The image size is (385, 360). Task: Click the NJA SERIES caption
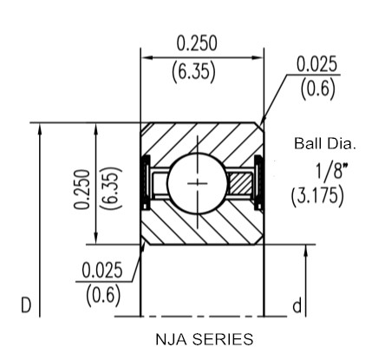point(205,339)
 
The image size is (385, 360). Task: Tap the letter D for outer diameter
point(26,305)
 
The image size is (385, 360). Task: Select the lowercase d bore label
point(297,305)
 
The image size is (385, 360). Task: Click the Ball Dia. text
point(324,143)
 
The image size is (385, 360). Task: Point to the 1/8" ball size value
point(330,171)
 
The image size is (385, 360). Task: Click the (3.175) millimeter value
point(317,196)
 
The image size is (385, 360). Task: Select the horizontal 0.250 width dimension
point(197,43)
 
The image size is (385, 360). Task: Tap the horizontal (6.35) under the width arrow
point(193,71)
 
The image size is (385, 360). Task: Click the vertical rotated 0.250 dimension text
point(82,189)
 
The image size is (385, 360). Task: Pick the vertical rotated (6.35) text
point(111,188)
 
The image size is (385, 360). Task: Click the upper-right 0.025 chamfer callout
point(316,64)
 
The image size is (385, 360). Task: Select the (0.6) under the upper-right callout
point(318,88)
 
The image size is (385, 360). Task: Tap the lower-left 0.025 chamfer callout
point(102,271)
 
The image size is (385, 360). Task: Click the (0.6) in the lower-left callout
point(103,295)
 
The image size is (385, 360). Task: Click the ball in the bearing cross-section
point(198,183)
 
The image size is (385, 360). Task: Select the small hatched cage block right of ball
point(239,184)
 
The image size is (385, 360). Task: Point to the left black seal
point(145,182)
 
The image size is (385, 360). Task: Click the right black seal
point(258,183)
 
